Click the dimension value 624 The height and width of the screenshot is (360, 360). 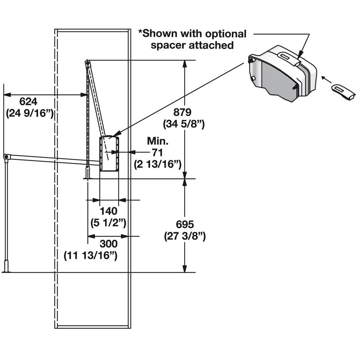[28, 101]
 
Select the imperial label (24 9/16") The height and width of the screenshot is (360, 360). [30, 113]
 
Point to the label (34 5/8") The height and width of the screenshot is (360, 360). [184, 123]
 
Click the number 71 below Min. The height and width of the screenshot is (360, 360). [158, 152]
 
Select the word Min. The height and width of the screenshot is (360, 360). [158, 141]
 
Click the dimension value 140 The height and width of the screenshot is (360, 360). [108, 211]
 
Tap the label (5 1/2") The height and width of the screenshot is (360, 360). [108, 223]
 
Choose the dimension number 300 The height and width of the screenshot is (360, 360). [108, 244]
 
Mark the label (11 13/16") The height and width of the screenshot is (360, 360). [91, 255]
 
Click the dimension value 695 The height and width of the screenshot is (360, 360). [185, 224]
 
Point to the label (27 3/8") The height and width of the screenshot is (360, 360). [185, 236]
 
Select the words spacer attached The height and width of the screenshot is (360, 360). [192, 45]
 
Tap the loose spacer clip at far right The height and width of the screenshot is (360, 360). [343, 91]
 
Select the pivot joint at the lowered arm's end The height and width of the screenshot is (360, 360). [6, 157]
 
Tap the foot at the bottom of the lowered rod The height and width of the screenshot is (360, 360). [6, 271]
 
